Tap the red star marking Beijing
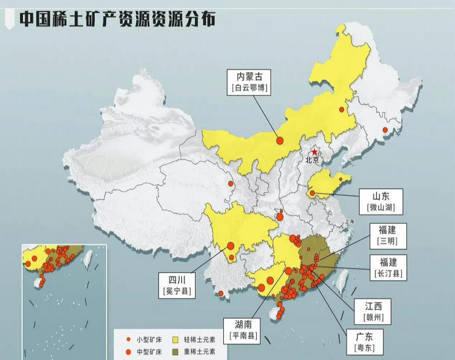point(314,152)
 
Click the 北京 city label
point(313,160)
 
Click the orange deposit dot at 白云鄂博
point(280,140)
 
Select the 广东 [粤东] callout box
point(364,342)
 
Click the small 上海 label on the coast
point(350,221)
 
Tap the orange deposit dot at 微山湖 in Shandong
point(312,193)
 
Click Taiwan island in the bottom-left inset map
point(88,258)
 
